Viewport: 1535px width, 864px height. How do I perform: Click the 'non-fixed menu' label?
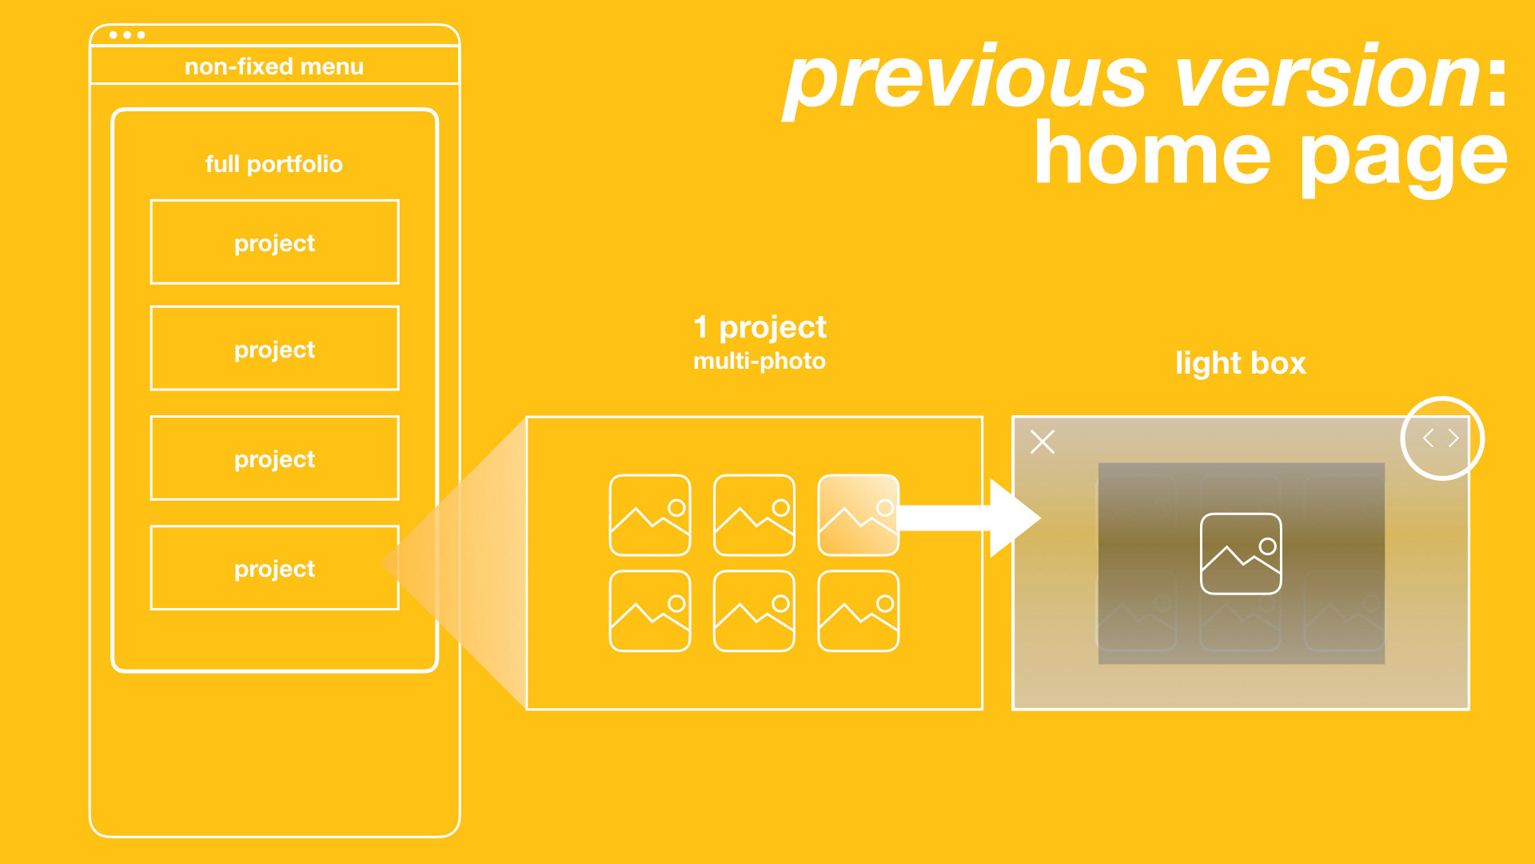[x=274, y=66]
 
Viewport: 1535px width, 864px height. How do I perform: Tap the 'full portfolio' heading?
[x=274, y=164]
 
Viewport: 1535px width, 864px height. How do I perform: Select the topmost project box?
[x=274, y=242]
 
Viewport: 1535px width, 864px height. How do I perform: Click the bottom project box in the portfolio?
[x=274, y=568]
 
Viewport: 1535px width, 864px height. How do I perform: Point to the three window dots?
[x=127, y=35]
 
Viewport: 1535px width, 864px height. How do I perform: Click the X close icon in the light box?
[x=1043, y=442]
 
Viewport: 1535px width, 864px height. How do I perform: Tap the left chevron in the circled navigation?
[x=1428, y=438]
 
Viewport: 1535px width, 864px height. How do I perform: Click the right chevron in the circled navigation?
[x=1454, y=438]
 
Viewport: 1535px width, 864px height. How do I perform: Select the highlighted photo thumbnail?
[x=858, y=515]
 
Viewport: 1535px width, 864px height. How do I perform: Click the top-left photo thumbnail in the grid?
[x=650, y=515]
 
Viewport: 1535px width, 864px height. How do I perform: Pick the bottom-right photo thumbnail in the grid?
[x=858, y=611]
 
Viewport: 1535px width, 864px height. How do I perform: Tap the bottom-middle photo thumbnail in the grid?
[x=754, y=611]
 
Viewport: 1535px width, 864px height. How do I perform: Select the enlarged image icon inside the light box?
[x=1241, y=554]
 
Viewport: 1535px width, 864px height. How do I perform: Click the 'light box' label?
[x=1240, y=363]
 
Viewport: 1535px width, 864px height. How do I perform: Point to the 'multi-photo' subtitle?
[x=759, y=362]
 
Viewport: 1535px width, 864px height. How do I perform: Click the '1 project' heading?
[x=760, y=327]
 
